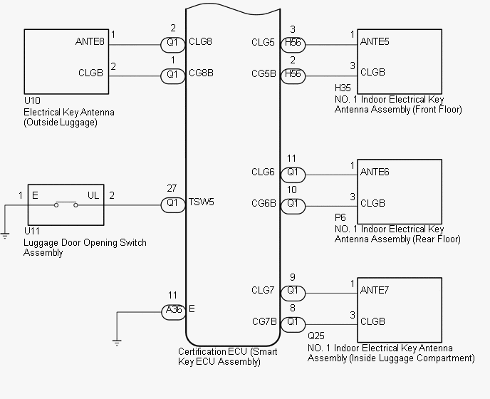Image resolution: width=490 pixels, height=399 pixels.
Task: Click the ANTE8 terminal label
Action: [x=90, y=41]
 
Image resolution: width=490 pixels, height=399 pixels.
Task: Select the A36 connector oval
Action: [x=174, y=311]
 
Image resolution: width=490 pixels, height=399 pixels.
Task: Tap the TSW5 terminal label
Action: [x=202, y=202]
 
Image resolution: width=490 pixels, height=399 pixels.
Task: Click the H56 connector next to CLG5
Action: [x=293, y=44]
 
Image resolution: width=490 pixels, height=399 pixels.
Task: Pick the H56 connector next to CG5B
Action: [x=293, y=76]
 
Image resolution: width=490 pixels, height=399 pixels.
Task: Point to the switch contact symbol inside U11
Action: [x=66, y=204]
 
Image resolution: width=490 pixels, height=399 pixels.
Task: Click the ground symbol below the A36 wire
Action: [x=117, y=343]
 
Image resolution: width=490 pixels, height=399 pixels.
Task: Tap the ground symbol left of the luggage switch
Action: [x=5, y=235]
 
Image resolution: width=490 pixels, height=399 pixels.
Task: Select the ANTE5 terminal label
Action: [x=375, y=41]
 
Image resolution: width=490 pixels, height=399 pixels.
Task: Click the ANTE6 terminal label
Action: [x=375, y=172]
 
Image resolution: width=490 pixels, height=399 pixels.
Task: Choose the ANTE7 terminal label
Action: [x=375, y=290]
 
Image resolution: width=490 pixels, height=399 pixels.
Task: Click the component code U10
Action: [x=32, y=100]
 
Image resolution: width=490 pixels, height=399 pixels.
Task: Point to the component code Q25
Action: [x=316, y=336]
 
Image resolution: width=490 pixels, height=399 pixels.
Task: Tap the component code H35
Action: [x=343, y=88]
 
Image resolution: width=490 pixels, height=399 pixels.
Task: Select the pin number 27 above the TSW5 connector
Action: [x=172, y=188]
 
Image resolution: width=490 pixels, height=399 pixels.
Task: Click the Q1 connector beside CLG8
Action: [x=173, y=45]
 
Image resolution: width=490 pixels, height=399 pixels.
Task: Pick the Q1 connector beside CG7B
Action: [x=293, y=325]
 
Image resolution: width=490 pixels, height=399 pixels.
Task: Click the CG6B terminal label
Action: [x=264, y=204]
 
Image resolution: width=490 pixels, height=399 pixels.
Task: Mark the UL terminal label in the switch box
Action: [x=93, y=195]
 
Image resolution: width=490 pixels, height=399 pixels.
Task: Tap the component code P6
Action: [x=340, y=217]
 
